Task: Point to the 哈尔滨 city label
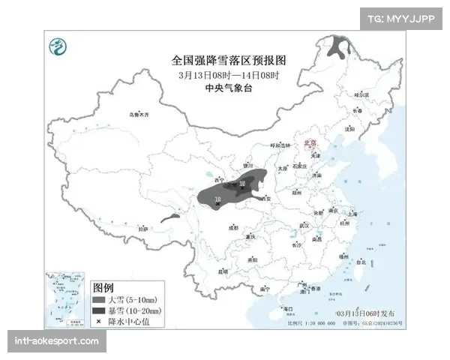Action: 362,95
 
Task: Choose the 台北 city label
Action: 361,262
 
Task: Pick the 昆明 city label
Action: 223,271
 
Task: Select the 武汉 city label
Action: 304,225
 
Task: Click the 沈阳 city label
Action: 348,128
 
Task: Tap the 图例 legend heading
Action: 103,288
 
